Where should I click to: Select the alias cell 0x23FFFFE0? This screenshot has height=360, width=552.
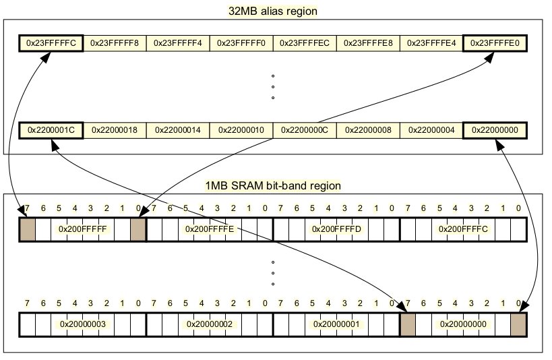click(495, 44)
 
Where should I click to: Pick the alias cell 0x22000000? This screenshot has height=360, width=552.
click(495, 129)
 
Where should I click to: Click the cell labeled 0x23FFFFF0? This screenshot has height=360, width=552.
click(241, 44)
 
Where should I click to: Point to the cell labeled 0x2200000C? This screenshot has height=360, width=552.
click(305, 129)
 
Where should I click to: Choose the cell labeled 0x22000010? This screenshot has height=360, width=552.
click(241, 129)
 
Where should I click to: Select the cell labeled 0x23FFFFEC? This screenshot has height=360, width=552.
click(305, 44)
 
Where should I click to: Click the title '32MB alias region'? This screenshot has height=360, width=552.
click(273, 11)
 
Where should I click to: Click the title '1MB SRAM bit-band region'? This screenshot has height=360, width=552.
click(273, 185)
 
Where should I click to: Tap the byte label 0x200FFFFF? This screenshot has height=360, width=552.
click(84, 229)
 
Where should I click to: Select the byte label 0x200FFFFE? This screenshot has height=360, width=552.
click(210, 229)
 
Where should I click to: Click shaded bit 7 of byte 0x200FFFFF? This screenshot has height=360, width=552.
click(28, 229)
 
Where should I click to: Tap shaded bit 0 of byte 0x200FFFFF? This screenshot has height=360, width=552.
click(138, 229)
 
